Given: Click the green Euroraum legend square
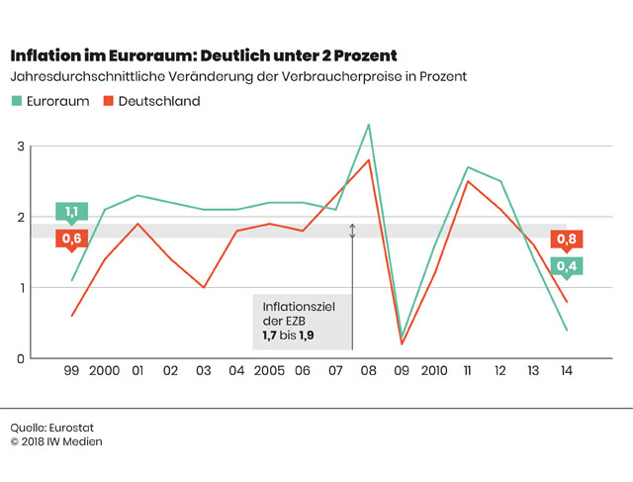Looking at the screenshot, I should pos(17,101).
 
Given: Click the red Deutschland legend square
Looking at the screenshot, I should pos(111,101).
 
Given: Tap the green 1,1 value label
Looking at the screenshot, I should pos(71,212).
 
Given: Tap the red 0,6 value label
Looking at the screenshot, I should pos(71,239).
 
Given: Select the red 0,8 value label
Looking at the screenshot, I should pos(567,239).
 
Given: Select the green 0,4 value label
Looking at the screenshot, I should pos(567,265).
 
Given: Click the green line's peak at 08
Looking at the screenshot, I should pos(369,125).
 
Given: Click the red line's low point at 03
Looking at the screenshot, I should pos(204,287).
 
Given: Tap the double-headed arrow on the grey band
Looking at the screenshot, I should pos(352,231).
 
